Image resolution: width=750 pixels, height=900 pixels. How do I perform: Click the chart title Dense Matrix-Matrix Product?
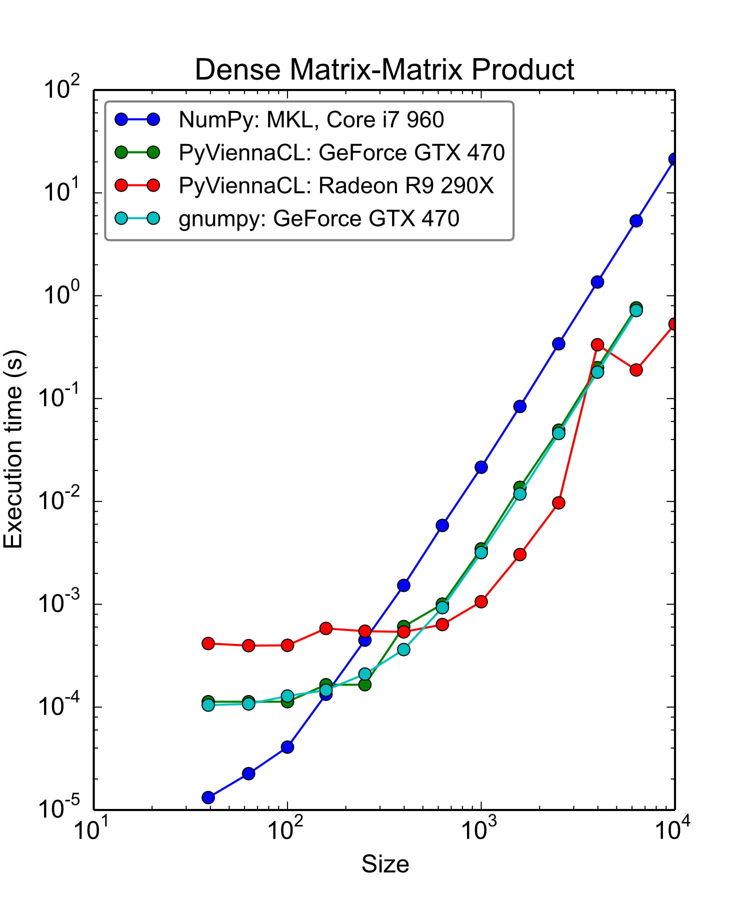(x=384, y=69)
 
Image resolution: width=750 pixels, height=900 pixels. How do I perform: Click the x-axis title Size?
(x=385, y=864)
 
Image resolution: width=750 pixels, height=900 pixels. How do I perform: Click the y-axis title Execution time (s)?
(x=13, y=449)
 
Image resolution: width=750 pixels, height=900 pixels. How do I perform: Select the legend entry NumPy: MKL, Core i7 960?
(x=311, y=119)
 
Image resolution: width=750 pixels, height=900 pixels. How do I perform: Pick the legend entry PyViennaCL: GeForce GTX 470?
(x=341, y=152)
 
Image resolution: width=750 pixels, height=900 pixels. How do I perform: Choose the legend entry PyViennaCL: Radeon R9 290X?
(x=336, y=185)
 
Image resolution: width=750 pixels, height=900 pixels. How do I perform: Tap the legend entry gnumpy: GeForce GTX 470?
(x=318, y=218)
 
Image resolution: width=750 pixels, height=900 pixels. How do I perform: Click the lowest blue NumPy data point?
(x=208, y=797)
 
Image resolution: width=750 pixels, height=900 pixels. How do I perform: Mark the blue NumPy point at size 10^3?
(x=481, y=467)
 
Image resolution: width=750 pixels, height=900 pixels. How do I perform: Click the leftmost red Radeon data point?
(x=208, y=643)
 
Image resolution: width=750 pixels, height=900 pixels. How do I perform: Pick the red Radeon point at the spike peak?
(x=597, y=344)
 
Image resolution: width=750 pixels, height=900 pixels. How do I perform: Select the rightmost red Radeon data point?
(x=673, y=324)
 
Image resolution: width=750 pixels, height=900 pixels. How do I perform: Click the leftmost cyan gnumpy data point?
(x=208, y=705)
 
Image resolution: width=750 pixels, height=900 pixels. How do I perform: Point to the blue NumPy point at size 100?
(x=287, y=747)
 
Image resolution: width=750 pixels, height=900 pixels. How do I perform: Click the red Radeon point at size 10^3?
(x=481, y=601)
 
